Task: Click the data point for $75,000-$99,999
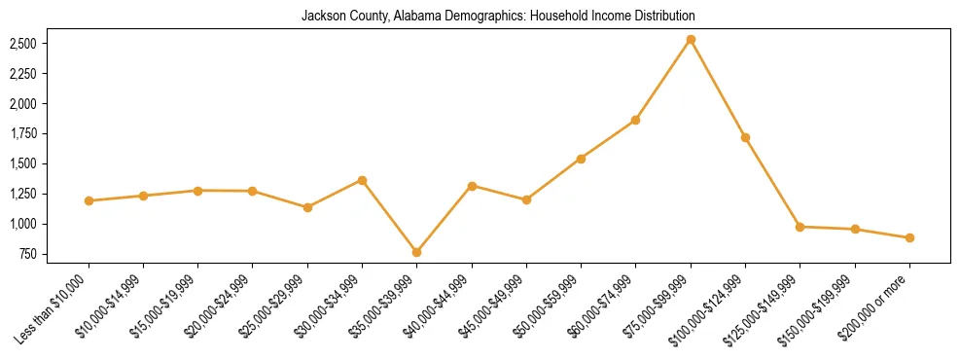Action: (691, 40)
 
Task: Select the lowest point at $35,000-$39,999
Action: (416, 252)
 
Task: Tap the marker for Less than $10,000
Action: (89, 200)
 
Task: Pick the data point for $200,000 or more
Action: (909, 237)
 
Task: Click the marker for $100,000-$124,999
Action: (745, 138)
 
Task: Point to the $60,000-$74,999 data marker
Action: (635, 120)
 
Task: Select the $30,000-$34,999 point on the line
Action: (362, 180)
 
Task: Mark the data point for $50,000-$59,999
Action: (581, 159)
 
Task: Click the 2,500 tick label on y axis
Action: (22, 44)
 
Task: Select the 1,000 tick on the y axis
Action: (22, 225)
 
